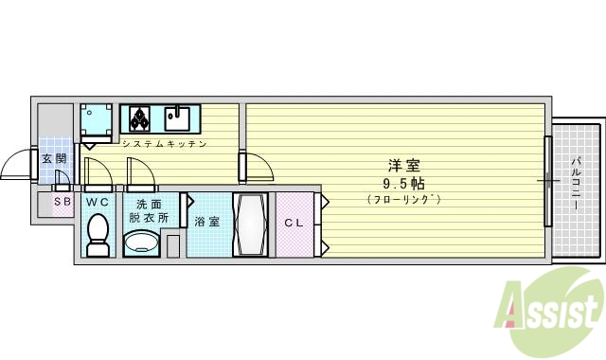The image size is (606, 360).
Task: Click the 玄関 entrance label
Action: [54, 158]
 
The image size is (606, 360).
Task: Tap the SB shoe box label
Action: [62, 202]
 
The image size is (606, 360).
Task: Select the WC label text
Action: [98, 203]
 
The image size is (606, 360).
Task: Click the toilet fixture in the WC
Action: [97, 235]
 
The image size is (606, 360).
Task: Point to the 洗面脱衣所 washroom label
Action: [148, 209]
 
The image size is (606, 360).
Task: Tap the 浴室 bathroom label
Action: [207, 222]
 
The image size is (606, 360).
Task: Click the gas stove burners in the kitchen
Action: [138, 118]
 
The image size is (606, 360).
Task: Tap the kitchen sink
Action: [177, 118]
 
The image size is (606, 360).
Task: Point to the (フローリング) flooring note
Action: [403, 200]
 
